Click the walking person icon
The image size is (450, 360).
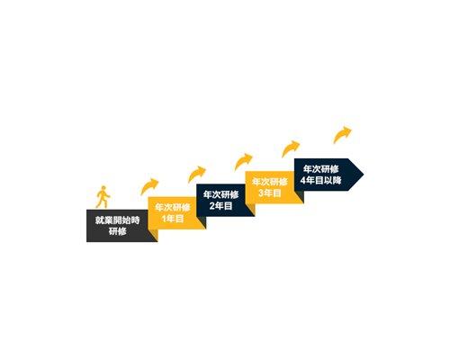point(103,197)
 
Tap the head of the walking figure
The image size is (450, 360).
point(103,188)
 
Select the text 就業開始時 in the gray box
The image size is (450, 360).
point(118,220)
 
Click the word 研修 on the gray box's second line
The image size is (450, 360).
point(118,231)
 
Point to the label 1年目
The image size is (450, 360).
point(173,219)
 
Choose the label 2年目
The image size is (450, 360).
point(220,206)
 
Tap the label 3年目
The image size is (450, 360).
point(270,193)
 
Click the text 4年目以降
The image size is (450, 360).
point(320,180)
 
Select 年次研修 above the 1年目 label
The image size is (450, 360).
point(173,207)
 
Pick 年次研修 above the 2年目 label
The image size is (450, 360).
point(220,194)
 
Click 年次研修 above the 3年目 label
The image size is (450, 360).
point(270,182)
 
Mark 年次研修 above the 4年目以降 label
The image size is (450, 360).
point(320,169)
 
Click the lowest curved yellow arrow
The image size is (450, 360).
point(148,186)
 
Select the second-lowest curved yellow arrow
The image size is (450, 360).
point(195,174)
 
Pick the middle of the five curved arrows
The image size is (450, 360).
point(242,161)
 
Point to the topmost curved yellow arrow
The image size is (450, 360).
point(341,134)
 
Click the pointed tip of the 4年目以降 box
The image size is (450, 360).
point(364,175)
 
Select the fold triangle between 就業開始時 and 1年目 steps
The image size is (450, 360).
point(154,235)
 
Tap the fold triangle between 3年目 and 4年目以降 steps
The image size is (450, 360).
point(300,196)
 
